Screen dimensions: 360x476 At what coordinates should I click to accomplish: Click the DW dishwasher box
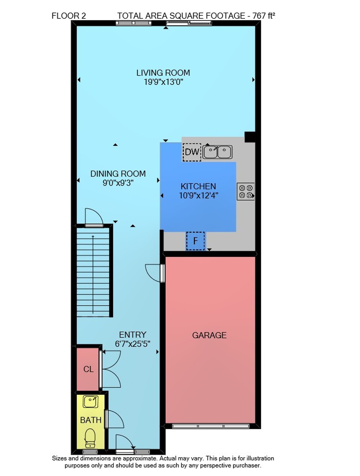point(192,152)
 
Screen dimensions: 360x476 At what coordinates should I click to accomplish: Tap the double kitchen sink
point(217,152)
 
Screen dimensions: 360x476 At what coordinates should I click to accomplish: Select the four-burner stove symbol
point(246,191)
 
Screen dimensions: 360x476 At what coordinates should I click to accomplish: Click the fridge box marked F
point(195,241)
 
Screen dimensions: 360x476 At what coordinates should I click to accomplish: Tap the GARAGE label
point(209,335)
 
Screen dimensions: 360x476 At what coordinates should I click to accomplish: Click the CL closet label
point(89,369)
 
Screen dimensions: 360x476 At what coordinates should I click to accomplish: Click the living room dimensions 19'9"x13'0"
point(163,82)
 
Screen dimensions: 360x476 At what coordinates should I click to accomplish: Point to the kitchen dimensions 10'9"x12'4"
point(198,196)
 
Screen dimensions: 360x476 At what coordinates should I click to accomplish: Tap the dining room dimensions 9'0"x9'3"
point(118,183)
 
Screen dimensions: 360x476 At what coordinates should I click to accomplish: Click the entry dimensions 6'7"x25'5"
point(132,344)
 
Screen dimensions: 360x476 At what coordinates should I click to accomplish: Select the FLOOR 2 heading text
point(69,16)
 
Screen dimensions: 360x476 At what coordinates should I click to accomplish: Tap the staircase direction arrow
point(93,274)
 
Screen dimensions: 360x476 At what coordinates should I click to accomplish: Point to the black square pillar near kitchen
point(250,137)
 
